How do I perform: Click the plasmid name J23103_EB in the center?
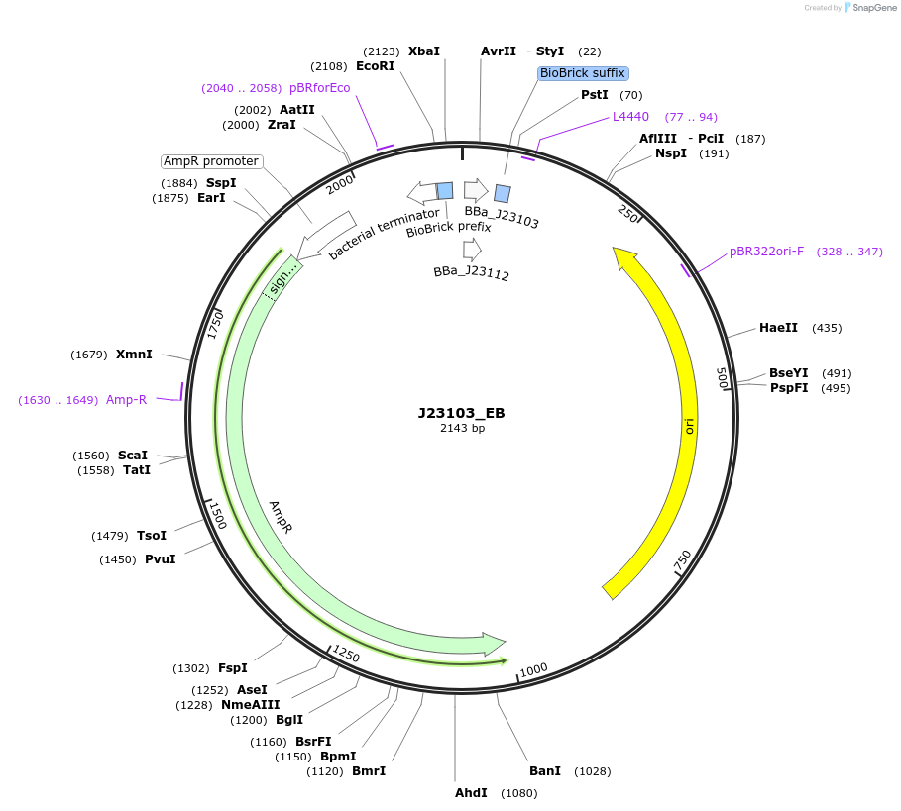click(462, 413)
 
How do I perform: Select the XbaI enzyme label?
click(423, 51)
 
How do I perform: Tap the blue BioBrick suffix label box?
click(583, 73)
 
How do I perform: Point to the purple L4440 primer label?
click(630, 117)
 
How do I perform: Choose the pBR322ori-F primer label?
click(766, 252)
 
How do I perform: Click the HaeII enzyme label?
click(778, 328)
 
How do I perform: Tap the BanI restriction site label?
click(544, 770)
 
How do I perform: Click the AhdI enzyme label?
click(471, 793)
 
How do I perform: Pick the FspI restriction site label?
click(232, 668)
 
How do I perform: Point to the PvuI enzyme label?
click(160, 559)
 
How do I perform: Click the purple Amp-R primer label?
click(126, 400)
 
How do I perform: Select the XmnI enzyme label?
click(134, 355)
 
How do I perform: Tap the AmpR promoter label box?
click(211, 161)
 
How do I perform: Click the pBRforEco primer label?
click(319, 88)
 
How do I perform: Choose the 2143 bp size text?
click(462, 429)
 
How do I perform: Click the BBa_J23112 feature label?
click(471, 273)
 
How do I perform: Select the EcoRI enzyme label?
click(375, 66)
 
